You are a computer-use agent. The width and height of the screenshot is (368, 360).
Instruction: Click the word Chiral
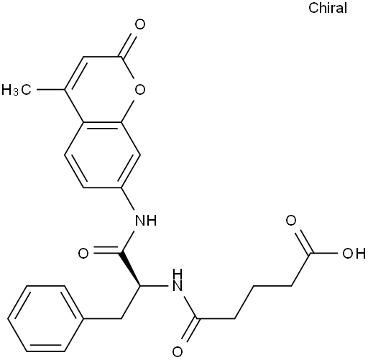[x=328, y=8]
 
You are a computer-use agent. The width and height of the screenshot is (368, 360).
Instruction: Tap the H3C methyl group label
[x=17, y=90]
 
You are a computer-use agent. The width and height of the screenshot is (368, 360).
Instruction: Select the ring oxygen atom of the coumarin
[x=140, y=90]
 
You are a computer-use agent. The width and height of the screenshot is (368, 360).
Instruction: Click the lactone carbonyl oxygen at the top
[x=140, y=24]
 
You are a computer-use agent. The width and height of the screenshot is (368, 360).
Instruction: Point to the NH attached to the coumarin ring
[x=146, y=220]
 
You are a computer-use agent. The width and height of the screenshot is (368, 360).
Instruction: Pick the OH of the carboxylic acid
[x=354, y=253]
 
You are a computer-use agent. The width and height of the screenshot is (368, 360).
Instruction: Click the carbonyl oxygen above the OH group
[x=291, y=221]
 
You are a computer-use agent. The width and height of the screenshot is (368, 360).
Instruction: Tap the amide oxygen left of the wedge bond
[x=83, y=253]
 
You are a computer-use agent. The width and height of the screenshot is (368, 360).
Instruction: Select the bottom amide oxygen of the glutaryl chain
[x=178, y=351]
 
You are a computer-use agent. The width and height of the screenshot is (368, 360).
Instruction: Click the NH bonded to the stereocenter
[x=177, y=280]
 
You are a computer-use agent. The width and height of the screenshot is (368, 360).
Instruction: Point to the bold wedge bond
[x=131, y=269]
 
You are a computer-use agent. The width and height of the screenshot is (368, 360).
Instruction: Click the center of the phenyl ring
[x=45, y=318]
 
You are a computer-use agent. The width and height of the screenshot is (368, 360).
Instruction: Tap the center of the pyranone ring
[x=102, y=90]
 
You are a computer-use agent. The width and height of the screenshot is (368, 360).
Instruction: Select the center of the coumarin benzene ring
[x=102, y=155]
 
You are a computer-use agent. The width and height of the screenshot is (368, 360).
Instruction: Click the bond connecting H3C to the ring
[x=50, y=90]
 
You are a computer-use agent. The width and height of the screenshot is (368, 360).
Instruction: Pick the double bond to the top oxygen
[x=128, y=45]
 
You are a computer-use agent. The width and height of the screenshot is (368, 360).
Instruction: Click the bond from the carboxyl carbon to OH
[x=324, y=253]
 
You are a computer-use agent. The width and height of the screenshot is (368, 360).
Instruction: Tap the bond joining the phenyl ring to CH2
[x=102, y=318]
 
